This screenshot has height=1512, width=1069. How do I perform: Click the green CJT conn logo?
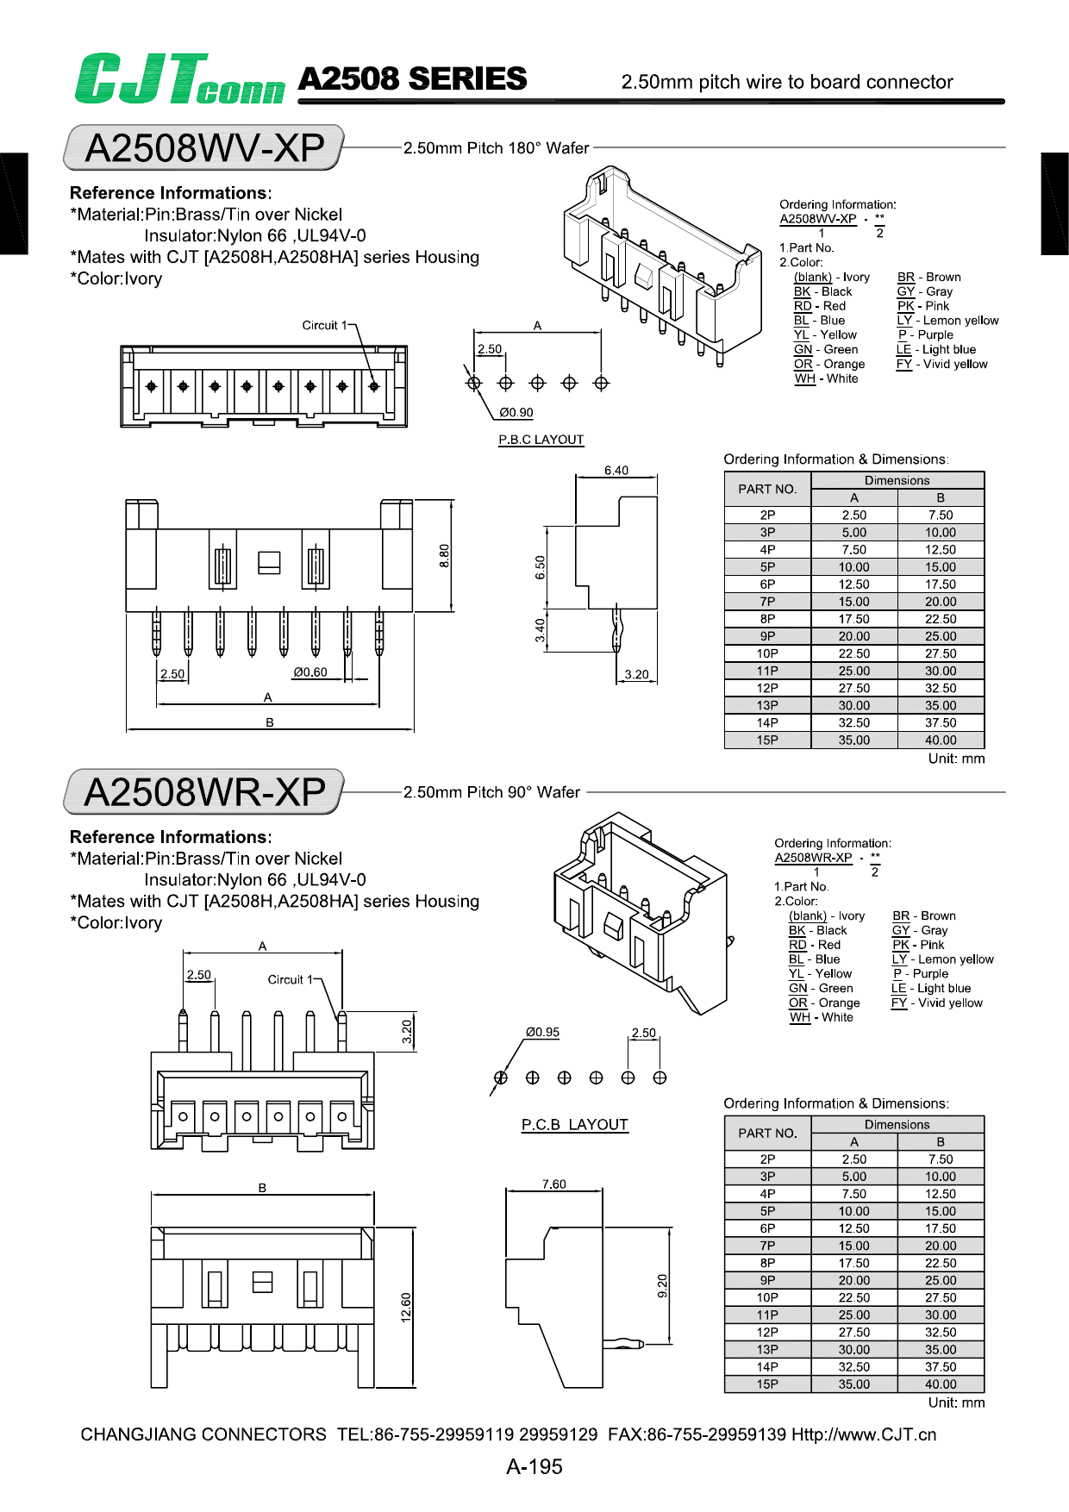[178, 79]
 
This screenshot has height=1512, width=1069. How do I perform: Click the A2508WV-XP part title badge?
[204, 147]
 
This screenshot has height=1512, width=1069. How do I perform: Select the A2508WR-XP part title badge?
[204, 791]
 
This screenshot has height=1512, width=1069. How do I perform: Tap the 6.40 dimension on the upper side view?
[616, 471]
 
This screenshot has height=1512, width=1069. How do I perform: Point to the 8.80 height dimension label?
[444, 555]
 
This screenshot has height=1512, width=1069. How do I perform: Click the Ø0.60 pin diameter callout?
[310, 672]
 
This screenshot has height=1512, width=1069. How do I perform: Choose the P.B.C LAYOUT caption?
[541, 440]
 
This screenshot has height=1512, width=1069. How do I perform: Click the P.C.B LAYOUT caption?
[575, 1125]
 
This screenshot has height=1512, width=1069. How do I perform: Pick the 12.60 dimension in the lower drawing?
[406, 1307]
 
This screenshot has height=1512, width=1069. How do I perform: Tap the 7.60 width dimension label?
[554, 1184]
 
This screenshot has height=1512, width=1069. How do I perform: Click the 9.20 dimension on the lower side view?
[662, 1285]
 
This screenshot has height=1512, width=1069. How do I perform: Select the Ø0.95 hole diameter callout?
[543, 1032]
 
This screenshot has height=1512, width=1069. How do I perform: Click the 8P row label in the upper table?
[767, 619]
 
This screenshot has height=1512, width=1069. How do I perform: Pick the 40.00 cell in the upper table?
[941, 740]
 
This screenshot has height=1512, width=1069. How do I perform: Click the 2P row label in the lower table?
[767, 1159]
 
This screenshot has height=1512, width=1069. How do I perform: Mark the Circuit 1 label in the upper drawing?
[324, 325]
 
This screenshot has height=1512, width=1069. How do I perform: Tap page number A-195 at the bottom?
[534, 1466]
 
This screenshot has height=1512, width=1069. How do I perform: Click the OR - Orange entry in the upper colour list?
[828, 364]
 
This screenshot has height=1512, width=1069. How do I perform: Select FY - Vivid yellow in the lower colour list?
[937, 1003]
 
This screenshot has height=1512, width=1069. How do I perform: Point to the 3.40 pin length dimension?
[540, 630]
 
